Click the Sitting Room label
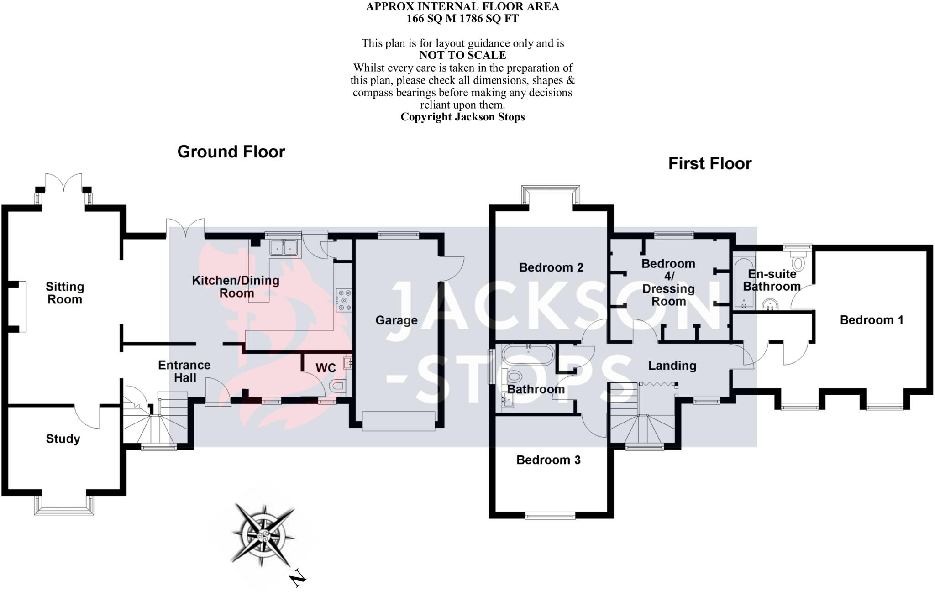[x=65, y=293]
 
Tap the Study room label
[x=63, y=439]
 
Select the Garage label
[x=396, y=320]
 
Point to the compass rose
[x=263, y=534]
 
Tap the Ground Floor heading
[x=231, y=152]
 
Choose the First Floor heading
[x=709, y=163]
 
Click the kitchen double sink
[x=284, y=247]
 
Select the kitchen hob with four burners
[x=344, y=300]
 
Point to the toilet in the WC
[x=337, y=387]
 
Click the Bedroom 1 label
[x=871, y=320]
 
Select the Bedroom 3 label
[x=548, y=460]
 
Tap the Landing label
[x=672, y=366]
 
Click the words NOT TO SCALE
[x=462, y=55]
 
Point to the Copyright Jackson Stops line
[x=462, y=117]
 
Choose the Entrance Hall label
[x=184, y=371]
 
